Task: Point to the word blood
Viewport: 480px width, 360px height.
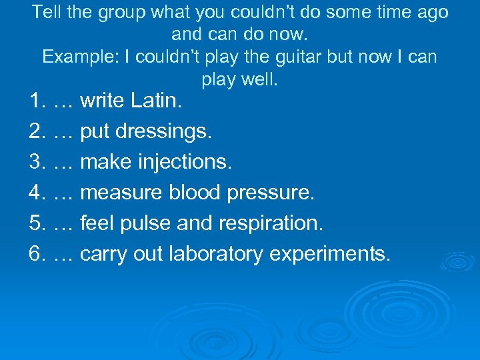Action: tap(195, 193)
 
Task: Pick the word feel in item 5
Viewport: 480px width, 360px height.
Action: tap(96, 223)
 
